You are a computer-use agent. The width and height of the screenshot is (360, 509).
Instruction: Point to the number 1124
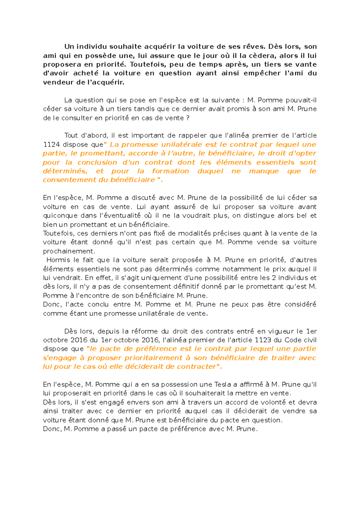coord(52,144)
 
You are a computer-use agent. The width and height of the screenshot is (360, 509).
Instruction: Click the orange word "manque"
coord(264,171)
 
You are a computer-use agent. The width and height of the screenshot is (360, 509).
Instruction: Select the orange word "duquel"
coord(210,171)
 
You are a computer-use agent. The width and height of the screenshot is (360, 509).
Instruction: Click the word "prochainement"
coord(69,251)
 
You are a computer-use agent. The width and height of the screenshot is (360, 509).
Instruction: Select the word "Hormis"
coord(58,260)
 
